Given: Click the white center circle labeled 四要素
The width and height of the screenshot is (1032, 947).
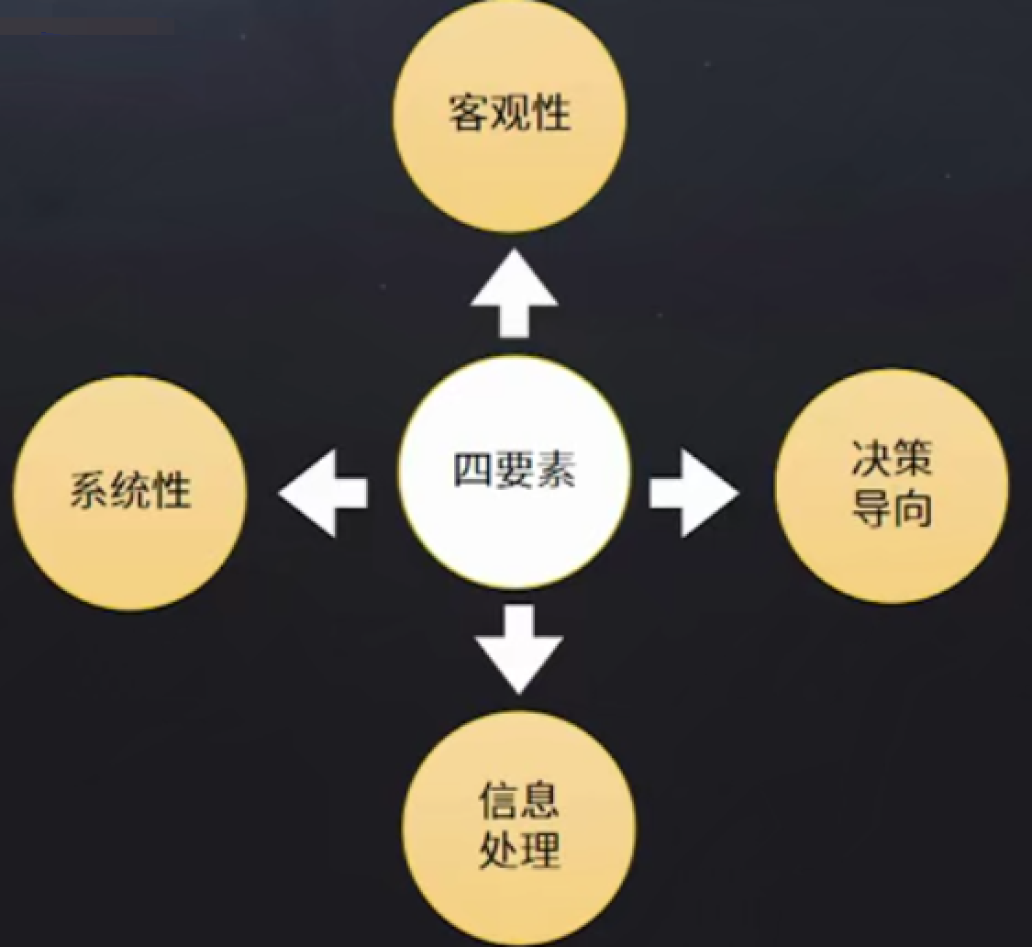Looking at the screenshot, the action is click(x=515, y=472).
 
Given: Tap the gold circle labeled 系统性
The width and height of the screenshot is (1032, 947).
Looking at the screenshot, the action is click(x=129, y=493).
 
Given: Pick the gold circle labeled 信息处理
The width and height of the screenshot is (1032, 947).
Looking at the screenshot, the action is click(x=519, y=826).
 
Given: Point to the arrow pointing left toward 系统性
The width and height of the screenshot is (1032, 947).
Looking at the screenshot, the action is click(x=323, y=493).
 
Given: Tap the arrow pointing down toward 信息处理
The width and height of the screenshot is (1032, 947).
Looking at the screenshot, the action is click(x=518, y=648).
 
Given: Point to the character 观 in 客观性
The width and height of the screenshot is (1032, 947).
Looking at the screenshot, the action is click(x=511, y=115).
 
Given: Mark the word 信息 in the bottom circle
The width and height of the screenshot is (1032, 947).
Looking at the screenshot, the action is click(x=518, y=800).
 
